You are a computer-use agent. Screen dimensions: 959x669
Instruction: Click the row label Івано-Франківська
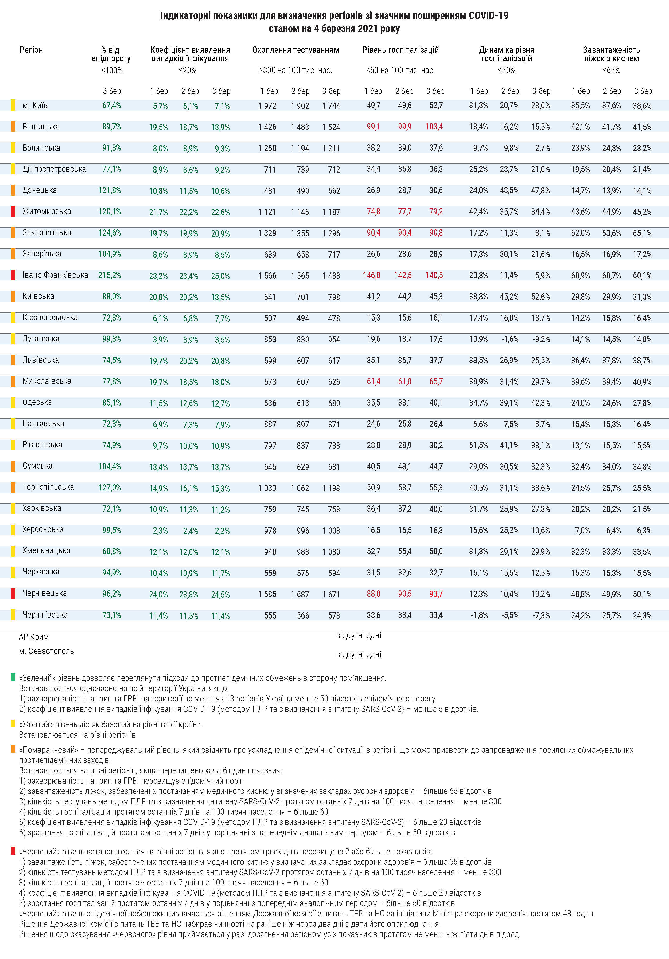55,275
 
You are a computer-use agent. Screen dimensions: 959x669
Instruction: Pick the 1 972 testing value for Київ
267,106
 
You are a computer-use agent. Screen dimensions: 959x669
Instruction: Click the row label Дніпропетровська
54,169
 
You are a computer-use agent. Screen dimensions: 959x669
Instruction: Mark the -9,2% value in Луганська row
541,339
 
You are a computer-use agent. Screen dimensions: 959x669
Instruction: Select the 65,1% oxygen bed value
642,233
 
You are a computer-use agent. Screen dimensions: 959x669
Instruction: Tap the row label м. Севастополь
46,651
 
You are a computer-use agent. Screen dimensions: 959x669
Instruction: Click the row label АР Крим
34,637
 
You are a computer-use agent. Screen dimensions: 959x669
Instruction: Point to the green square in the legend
13,677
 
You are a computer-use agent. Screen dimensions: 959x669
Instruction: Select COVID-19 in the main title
488,16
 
